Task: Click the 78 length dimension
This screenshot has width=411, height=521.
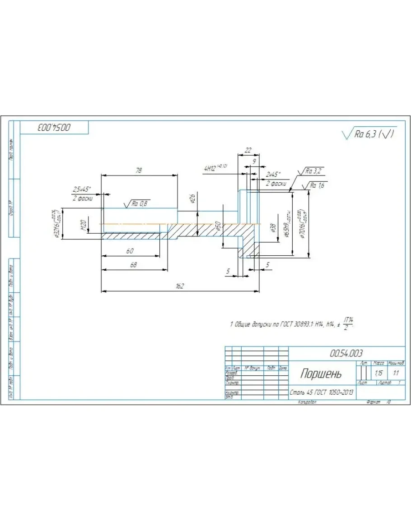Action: [139, 171]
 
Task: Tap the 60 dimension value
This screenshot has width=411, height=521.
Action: [130, 251]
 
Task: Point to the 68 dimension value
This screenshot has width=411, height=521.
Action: [133, 265]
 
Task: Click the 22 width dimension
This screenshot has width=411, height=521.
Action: [248, 150]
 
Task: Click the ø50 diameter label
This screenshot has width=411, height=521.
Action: [218, 226]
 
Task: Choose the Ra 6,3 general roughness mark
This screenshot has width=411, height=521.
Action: [369, 134]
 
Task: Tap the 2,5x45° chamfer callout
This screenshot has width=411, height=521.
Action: [81, 189]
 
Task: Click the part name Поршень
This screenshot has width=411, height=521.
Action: [321, 374]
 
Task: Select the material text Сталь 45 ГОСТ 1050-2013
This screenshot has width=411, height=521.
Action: [322, 392]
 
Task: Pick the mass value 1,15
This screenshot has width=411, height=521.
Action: [378, 373]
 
